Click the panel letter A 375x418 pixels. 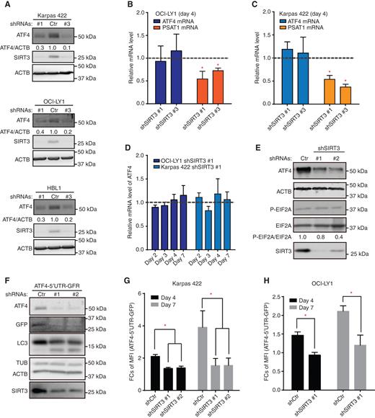pos(6,6)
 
